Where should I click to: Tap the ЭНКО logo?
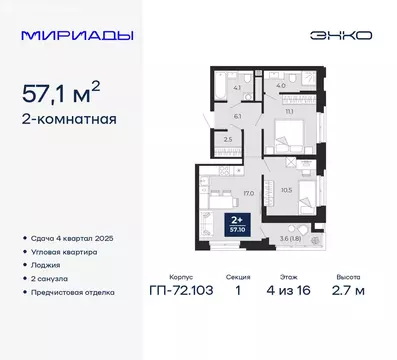pyautogui.click(x=344, y=35)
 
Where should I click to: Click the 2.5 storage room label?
pyautogui.click(x=228, y=140)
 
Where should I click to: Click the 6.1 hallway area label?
pyautogui.click(x=237, y=116)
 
